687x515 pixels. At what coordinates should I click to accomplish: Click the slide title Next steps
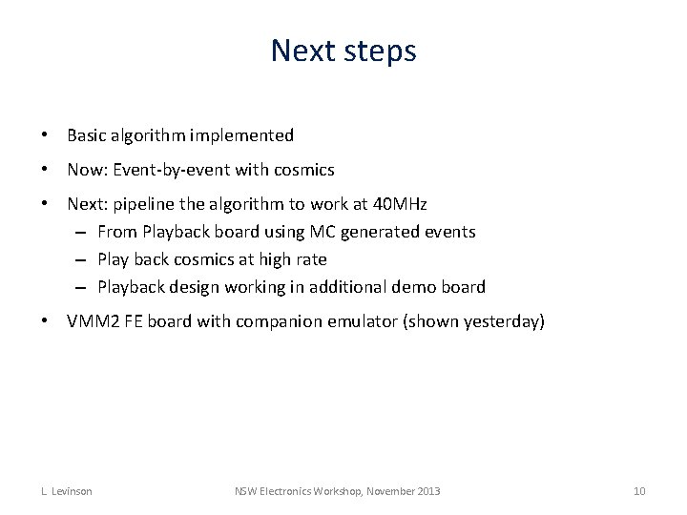[343, 50]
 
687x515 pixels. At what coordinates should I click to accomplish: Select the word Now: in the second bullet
[88, 170]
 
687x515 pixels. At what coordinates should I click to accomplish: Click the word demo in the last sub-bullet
[415, 287]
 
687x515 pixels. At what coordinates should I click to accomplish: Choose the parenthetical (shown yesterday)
[474, 321]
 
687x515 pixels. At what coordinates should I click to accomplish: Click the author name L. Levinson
[66, 491]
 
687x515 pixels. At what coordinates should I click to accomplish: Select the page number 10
[639, 491]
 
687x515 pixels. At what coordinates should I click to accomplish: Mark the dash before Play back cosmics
[84, 259]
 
